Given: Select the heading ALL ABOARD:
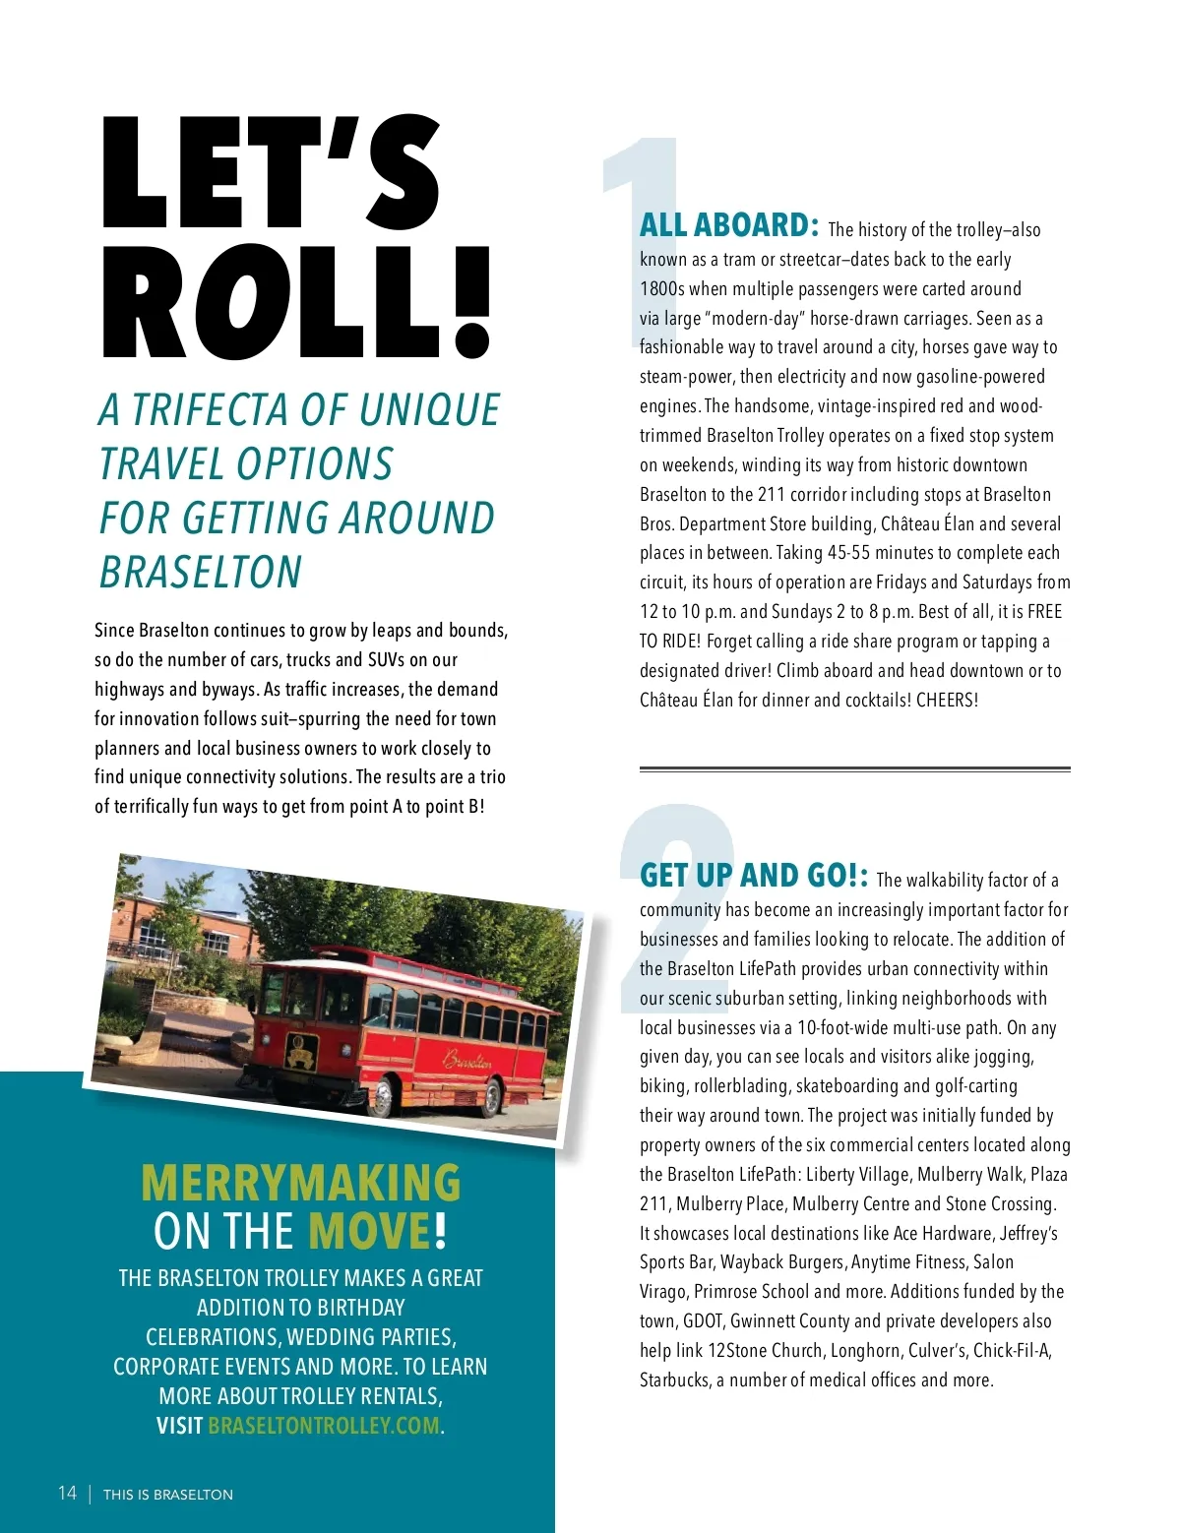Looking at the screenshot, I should pyautogui.click(x=728, y=225).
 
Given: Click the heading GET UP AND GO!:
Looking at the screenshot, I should pyautogui.click(x=754, y=876).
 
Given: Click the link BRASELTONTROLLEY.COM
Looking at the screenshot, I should pyautogui.click(x=324, y=1426).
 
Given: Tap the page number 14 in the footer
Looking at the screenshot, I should pyautogui.click(x=67, y=1493).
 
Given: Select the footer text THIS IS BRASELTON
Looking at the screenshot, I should pyautogui.click(x=168, y=1495).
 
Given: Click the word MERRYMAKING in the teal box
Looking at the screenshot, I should pyautogui.click(x=300, y=1183).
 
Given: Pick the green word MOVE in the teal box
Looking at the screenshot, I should pyautogui.click(x=369, y=1231).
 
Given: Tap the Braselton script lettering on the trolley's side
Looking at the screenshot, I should pyautogui.click(x=467, y=1060).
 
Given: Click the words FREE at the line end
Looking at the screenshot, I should pyautogui.click(x=1044, y=612).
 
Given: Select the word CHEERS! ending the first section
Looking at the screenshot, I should pyautogui.click(x=947, y=701).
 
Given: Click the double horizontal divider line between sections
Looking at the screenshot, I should pyautogui.click(x=854, y=768).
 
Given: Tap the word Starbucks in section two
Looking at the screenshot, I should pyautogui.click(x=674, y=1380).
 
